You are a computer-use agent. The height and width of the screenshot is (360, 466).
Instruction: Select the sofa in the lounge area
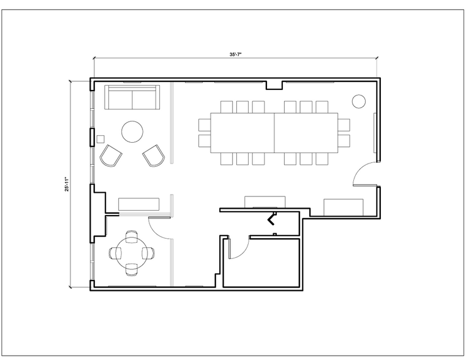tap(132, 98)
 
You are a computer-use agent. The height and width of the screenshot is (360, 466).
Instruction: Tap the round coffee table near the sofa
tap(132, 131)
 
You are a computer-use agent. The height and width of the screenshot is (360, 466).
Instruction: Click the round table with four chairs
tap(131, 252)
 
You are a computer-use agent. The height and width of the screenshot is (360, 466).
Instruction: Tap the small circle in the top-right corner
tap(358, 100)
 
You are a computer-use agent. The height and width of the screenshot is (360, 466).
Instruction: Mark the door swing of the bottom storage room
tap(239, 248)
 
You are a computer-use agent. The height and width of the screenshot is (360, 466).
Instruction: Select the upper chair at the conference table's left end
tap(205, 126)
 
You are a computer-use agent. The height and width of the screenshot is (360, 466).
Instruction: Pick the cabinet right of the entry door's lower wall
tap(344, 207)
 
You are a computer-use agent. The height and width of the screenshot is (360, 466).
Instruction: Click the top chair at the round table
tap(131, 235)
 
